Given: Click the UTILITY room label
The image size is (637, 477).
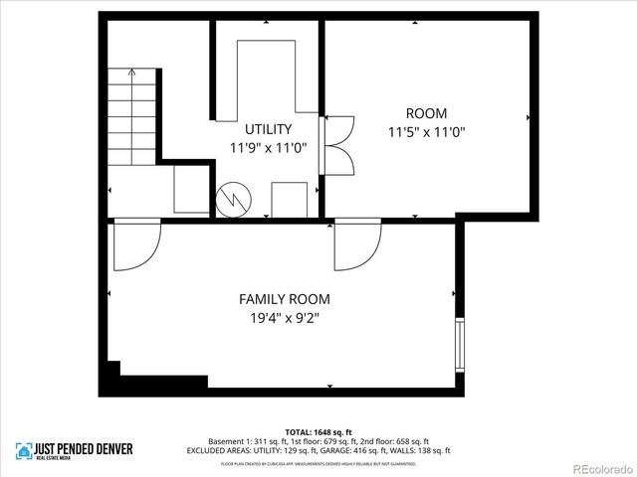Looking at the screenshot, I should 268,129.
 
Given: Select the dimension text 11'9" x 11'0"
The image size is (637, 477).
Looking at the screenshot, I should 268,147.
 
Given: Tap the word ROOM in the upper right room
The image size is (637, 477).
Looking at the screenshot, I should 425,113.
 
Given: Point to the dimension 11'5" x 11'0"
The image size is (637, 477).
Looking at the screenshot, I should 426,131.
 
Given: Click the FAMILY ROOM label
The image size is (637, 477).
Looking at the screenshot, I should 284,299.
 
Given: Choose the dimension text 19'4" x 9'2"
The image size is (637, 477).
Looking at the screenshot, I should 284,318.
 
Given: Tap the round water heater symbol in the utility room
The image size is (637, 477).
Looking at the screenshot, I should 232,198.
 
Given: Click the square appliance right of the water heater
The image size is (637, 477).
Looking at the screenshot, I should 290,198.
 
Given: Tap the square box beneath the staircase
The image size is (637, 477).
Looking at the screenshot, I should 190,189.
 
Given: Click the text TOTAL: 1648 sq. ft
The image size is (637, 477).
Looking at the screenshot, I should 318,431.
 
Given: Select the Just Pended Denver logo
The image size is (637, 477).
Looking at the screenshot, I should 74,450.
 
